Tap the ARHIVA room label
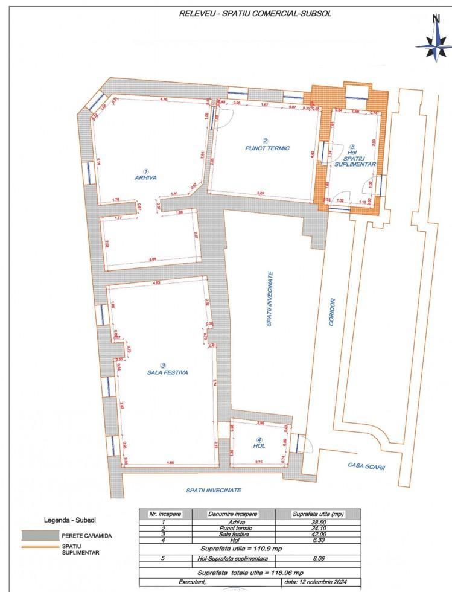pos(146,178)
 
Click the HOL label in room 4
pos(259,446)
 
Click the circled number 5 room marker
pos(352,147)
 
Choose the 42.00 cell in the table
pos(318,533)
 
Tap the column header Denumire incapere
pos(234,514)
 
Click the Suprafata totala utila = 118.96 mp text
pos(250,572)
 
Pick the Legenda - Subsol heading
pos(70,520)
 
